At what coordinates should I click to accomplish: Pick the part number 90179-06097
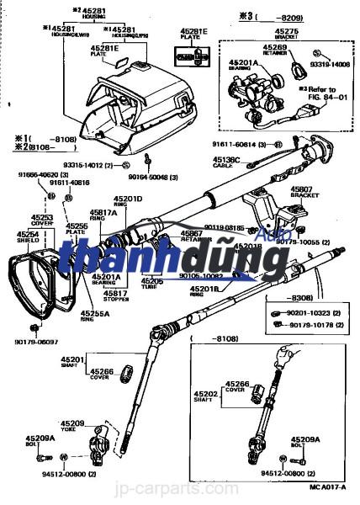tap(35, 341)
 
